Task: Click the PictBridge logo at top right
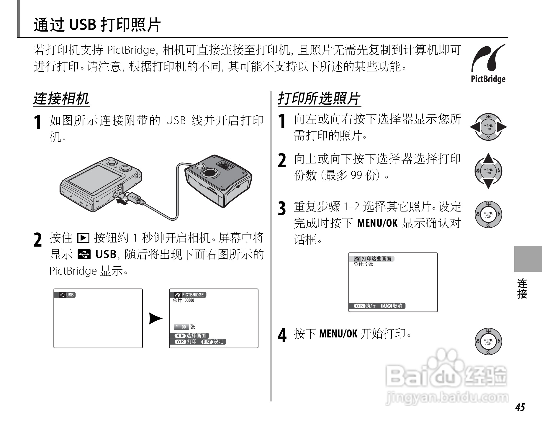[x=488, y=63]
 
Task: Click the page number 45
[x=520, y=407]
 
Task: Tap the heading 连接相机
[x=61, y=99]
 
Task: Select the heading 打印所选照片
[x=319, y=99]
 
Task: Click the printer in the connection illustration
[x=218, y=180]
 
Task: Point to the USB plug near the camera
[x=134, y=197]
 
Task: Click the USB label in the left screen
[x=67, y=295]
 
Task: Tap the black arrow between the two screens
[x=155, y=319]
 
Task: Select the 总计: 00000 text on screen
[x=184, y=300]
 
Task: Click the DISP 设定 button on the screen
[x=213, y=342]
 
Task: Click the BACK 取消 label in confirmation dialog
[x=392, y=306]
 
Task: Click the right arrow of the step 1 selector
[x=501, y=127]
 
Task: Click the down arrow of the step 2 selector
[x=488, y=184]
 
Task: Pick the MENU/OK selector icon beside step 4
[x=488, y=342]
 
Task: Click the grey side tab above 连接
[x=528, y=259]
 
